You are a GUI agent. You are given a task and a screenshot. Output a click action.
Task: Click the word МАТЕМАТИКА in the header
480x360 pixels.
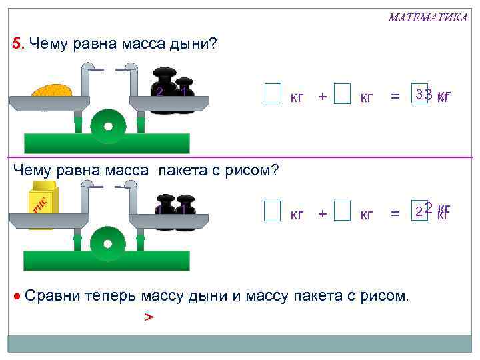(x=427, y=17)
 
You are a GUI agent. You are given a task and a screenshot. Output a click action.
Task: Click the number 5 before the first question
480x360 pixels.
(x=18, y=45)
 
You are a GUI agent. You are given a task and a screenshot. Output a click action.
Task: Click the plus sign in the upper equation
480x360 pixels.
(x=323, y=97)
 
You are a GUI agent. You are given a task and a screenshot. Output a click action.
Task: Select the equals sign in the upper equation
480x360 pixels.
(x=395, y=97)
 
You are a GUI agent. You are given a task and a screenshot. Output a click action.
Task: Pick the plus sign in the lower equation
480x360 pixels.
(x=323, y=214)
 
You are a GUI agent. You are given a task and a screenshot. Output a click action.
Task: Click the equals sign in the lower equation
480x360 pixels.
(x=395, y=214)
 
